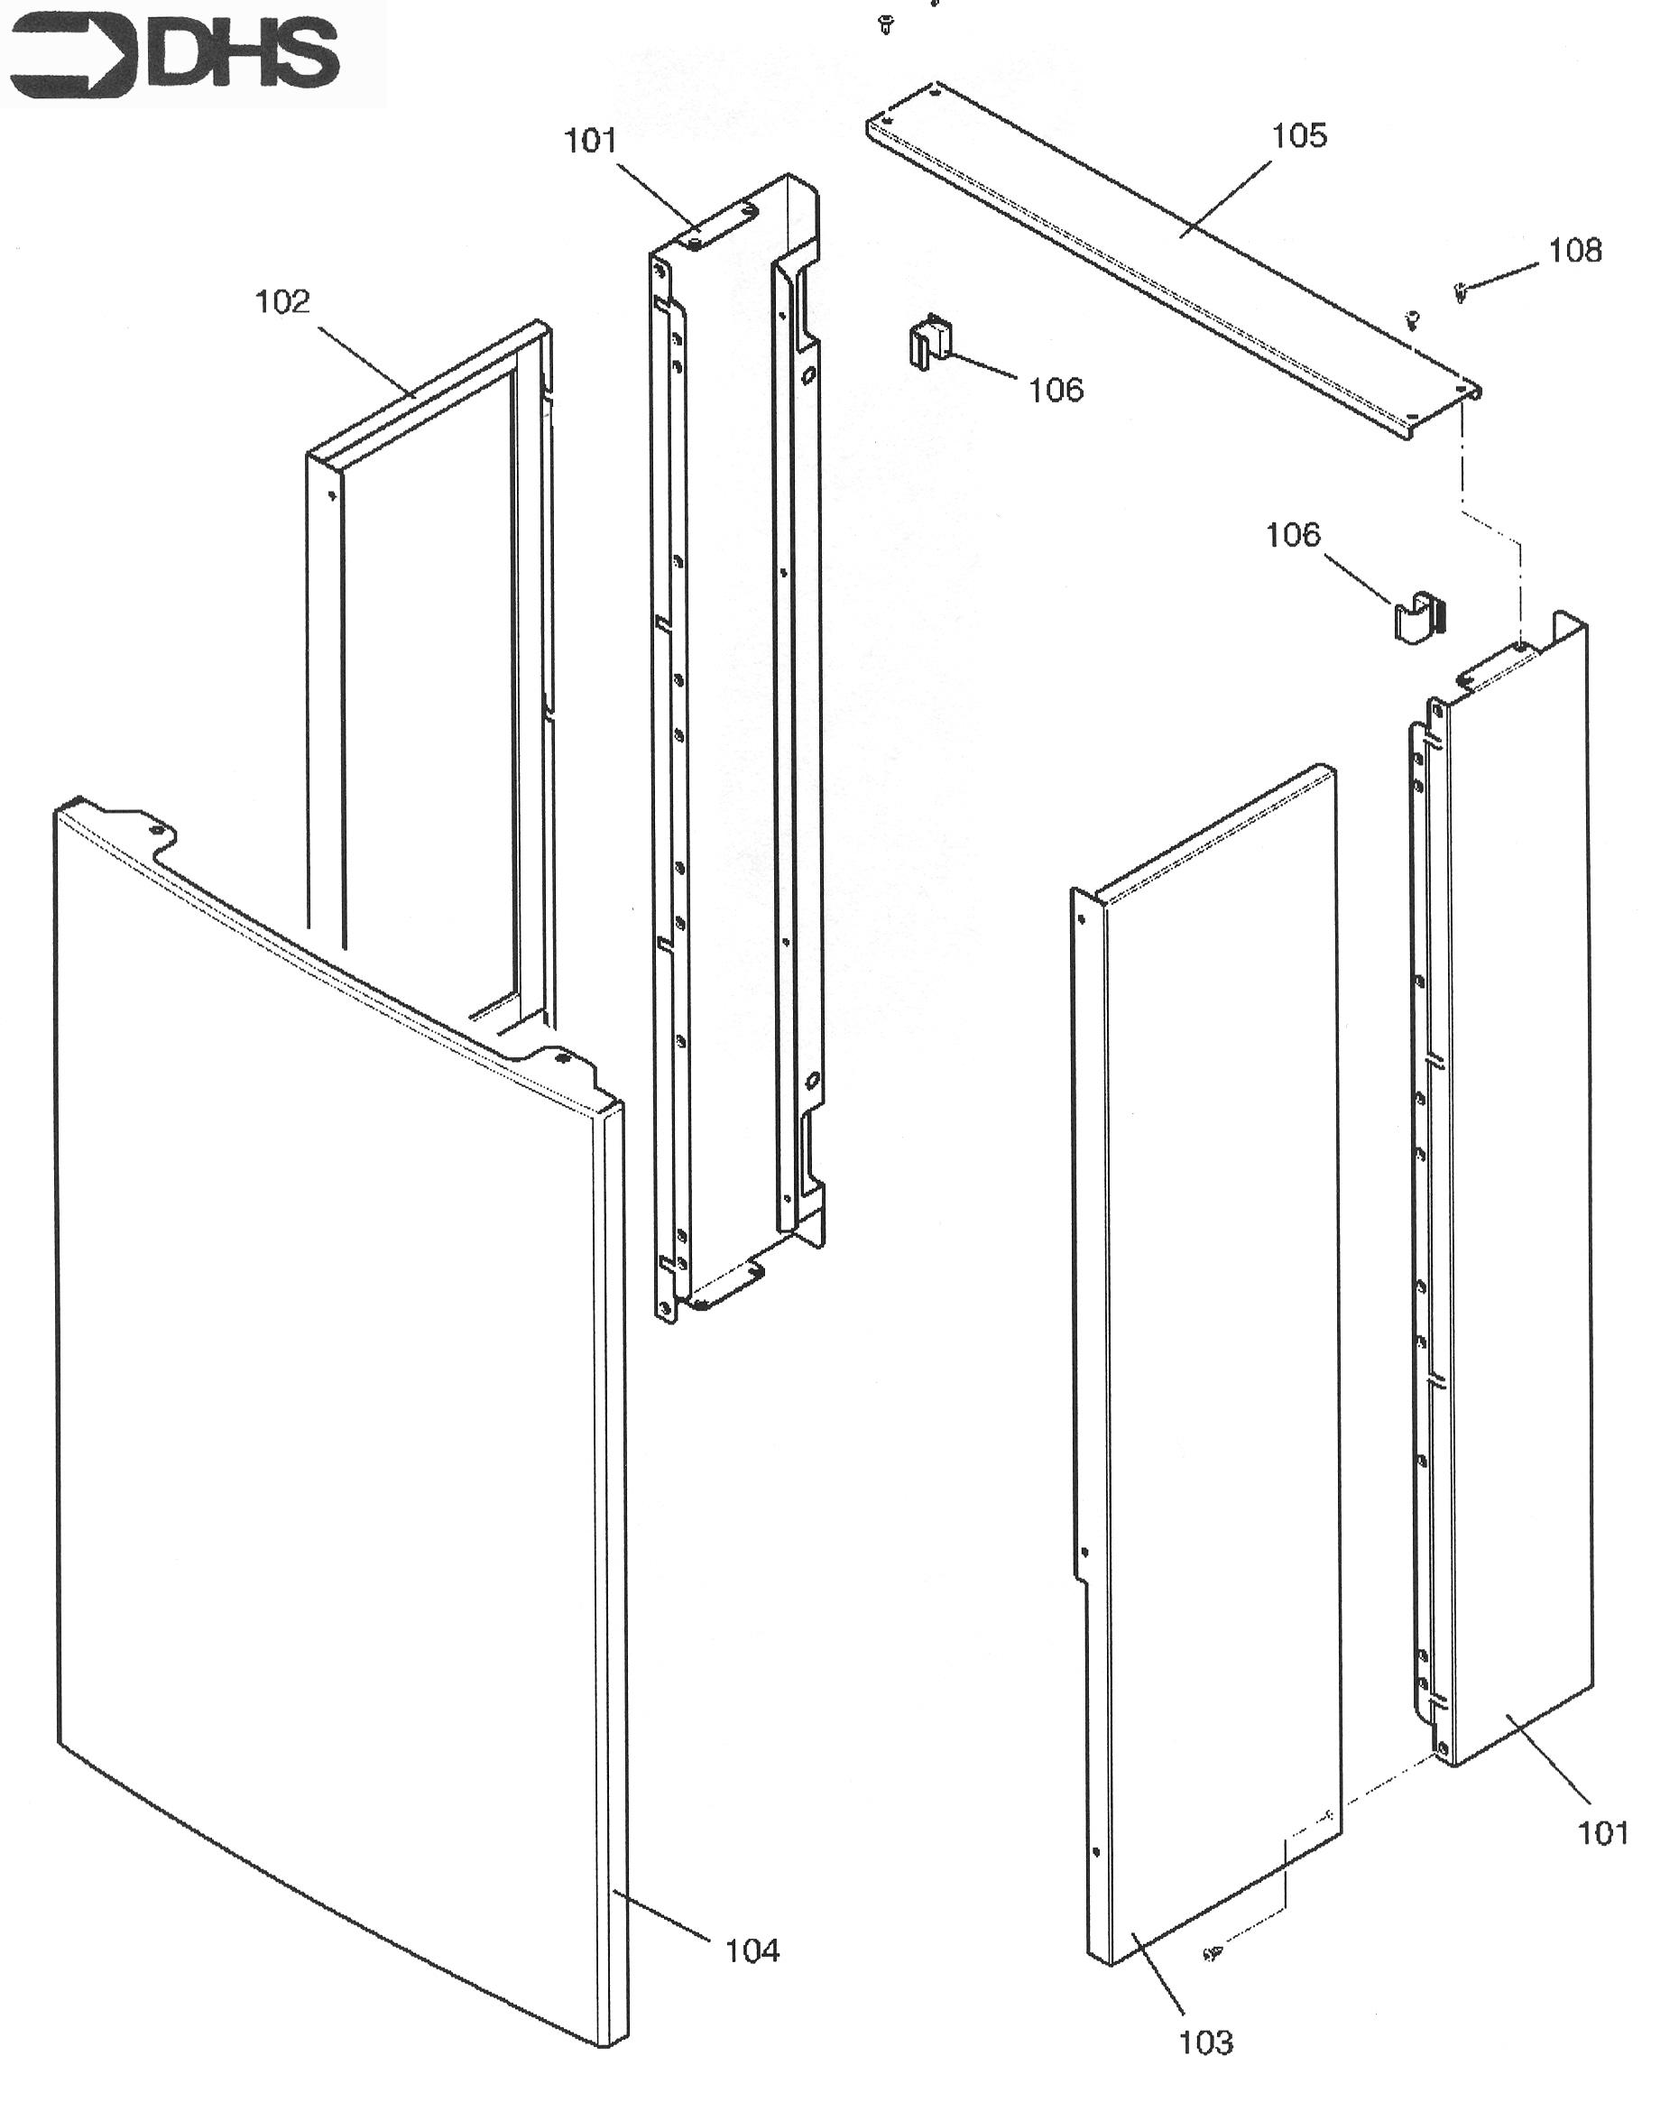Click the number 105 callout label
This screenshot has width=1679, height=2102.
[1299, 135]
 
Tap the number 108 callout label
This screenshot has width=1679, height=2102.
[1574, 251]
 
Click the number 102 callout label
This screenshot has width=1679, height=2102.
[281, 301]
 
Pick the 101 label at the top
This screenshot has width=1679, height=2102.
[591, 142]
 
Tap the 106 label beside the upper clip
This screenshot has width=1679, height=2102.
[1056, 390]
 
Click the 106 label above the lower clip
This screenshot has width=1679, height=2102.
[1293, 534]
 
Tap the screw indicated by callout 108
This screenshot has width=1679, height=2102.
[1460, 291]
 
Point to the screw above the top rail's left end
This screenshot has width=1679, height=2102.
[885, 24]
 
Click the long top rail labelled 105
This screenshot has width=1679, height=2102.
[1174, 259]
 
